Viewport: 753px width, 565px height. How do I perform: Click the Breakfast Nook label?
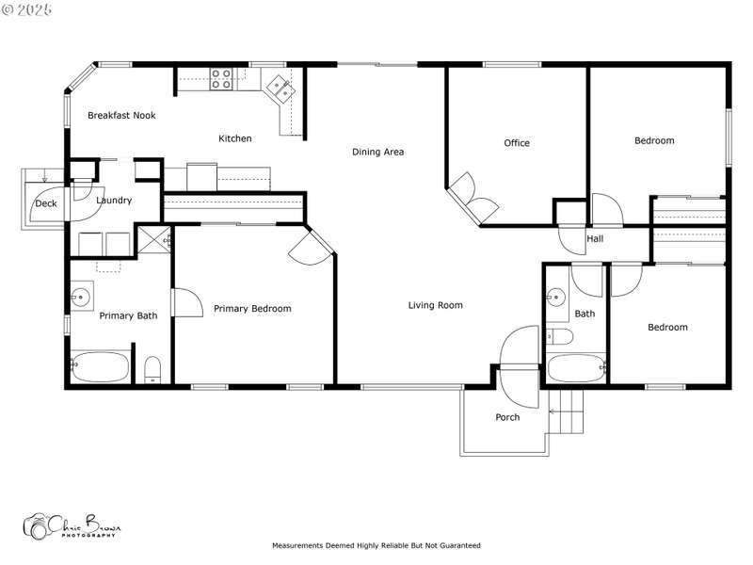pos(121,115)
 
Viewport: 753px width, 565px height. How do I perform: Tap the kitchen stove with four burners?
pos(221,79)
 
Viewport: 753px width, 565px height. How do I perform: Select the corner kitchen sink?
pos(280,88)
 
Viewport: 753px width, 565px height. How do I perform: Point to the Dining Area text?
pos(378,152)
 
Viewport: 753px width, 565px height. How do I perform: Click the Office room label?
pos(517,143)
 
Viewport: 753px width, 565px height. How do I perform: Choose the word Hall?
pos(595,238)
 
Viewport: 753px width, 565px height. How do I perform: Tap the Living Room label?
pos(436,305)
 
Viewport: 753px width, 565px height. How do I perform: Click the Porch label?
pos(507,417)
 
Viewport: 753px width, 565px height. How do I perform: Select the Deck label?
pos(46,203)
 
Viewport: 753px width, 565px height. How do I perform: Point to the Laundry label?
pos(114,201)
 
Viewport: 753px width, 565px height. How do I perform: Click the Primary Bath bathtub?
pos(101,367)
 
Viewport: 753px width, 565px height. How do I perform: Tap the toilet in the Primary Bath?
pos(152,370)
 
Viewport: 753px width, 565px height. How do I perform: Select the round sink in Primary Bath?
pos(81,297)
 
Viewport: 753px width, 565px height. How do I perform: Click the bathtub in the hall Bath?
pos(577,368)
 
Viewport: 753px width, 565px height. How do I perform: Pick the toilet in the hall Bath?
pos(559,337)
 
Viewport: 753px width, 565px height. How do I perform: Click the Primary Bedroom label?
pos(252,309)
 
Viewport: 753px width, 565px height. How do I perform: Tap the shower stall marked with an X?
pos(153,239)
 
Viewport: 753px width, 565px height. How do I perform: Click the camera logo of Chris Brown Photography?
pos(37,526)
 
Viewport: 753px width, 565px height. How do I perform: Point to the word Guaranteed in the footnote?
pos(460,545)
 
